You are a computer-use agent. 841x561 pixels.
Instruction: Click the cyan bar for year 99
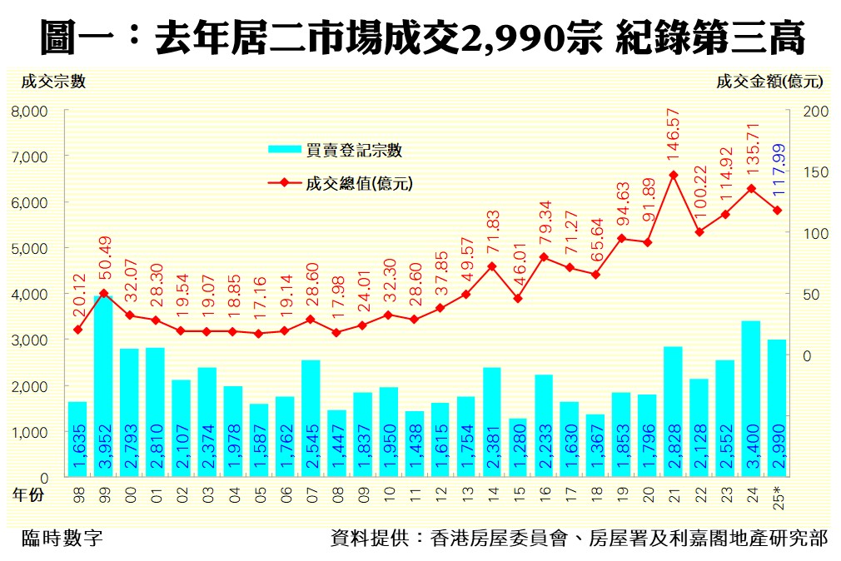[x=103, y=391]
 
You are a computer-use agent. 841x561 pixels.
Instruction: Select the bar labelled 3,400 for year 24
[x=751, y=400]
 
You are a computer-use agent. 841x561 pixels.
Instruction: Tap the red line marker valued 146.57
[x=674, y=175]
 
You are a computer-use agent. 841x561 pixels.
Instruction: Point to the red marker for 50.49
[x=103, y=293]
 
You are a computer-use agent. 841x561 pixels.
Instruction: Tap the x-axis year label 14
[x=492, y=494]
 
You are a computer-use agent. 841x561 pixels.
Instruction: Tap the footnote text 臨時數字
[x=62, y=538]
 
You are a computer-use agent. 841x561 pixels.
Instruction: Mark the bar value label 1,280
[x=518, y=449]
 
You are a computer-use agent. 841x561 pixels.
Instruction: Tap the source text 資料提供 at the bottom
[x=363, y=538]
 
